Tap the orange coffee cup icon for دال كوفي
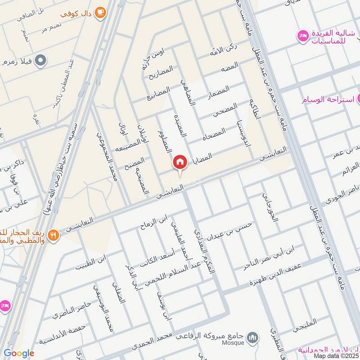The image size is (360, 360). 100,12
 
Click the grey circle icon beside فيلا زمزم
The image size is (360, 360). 41,59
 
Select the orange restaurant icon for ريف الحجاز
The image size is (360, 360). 54,234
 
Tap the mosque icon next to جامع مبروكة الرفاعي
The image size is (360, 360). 252,337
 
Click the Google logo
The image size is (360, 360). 18,353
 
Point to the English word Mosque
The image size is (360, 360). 233,343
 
